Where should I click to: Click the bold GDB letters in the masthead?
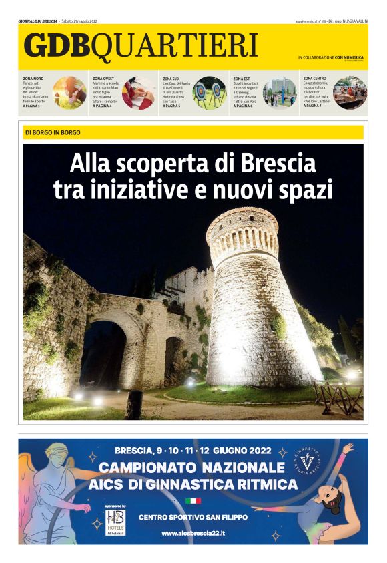point(57,45)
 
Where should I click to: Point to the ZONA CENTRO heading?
point(315,78)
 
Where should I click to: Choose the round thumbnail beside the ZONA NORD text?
point(69,92)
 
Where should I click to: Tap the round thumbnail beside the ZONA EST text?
point(280,92)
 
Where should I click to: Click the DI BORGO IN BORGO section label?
point(53,132)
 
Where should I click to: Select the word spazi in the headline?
point(306,190)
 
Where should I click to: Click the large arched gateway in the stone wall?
point(103,354)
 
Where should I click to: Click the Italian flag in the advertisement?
point(193,500)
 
